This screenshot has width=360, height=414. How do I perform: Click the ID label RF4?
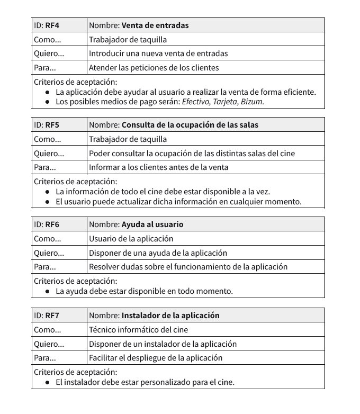pos(52,25)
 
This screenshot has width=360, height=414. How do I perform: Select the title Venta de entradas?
pos(155,25)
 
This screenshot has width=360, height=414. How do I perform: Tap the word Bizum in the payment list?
pos(251,102)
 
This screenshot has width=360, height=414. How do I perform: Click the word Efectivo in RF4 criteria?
pos(195,102)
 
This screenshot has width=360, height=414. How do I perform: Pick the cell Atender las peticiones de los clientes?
pos(154,67)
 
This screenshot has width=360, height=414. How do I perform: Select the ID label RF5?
pos(52,125)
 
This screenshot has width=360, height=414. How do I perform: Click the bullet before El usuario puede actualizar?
pos(48,202)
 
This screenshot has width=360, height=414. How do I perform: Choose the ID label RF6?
pos(52,224)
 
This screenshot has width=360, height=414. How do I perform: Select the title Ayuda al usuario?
pos(152,224)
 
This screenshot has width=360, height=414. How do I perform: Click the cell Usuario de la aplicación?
pos(131,239)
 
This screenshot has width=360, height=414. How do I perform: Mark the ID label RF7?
pos(52,316)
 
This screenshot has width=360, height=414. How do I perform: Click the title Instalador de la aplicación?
pos(170,316)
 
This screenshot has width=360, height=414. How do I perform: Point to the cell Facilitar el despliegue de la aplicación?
pos(156,358)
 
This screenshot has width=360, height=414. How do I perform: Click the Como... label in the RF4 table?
pos(47,39)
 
